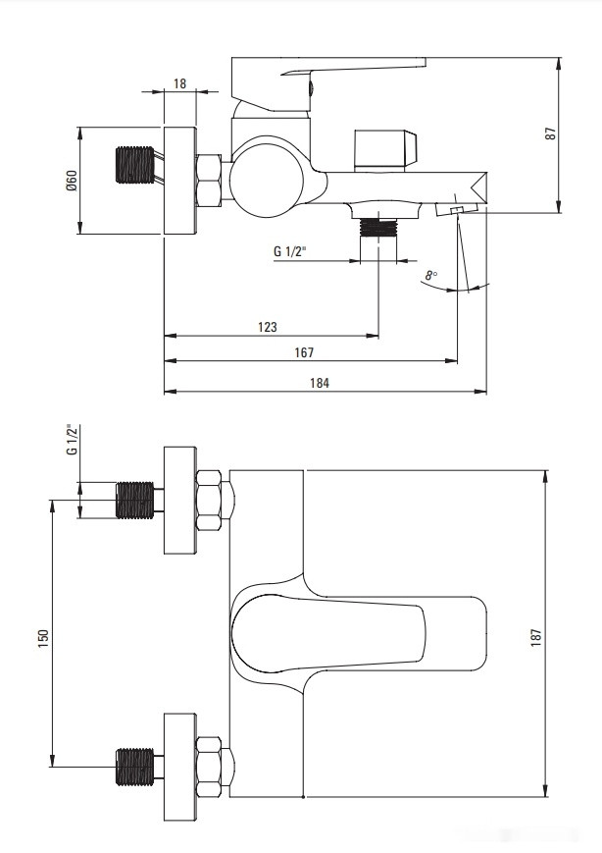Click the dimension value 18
coord(179,83)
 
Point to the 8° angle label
coord(431,276)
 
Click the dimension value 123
coord(267,327)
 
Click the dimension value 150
coord(42,637)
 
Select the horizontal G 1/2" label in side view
coord(290,252)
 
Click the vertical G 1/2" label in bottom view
coord(71,441)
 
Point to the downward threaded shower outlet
coord(378,228)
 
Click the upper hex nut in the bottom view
coord(211,500)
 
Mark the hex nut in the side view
coord(211,182)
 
